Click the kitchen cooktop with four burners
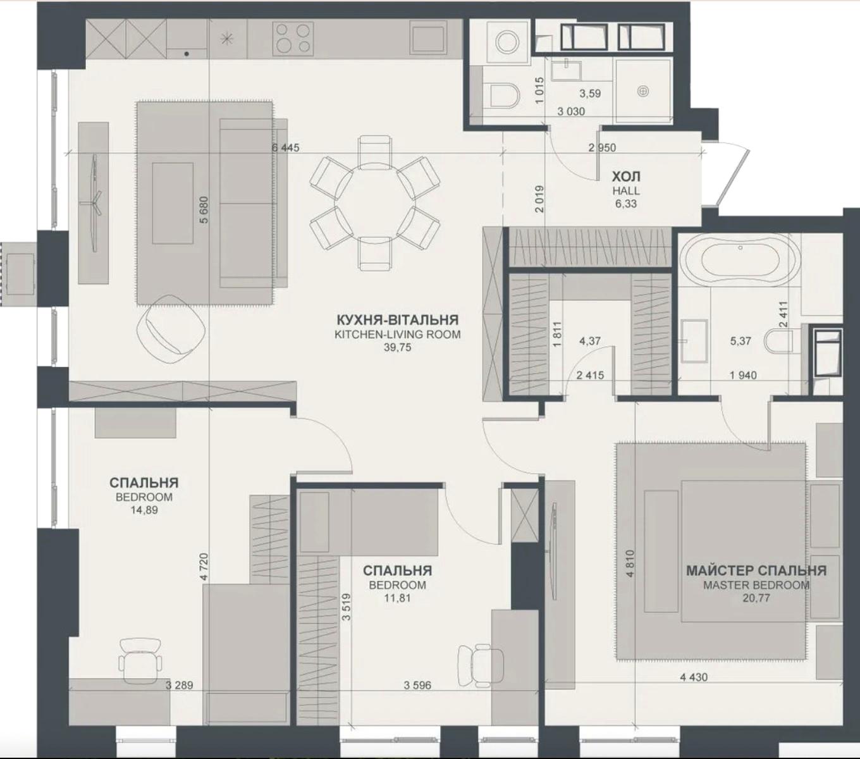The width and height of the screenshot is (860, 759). (293, 38)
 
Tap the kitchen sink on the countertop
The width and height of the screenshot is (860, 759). (428, 38)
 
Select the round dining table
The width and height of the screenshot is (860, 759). (375, 202)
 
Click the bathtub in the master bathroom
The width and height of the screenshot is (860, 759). (740, 259)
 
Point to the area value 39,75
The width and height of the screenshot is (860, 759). (397, 347)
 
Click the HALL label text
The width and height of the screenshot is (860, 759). (626, 191)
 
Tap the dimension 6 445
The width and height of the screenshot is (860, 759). (285, 147)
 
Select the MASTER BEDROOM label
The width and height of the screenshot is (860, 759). (756, 585)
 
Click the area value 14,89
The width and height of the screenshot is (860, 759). (144, 510)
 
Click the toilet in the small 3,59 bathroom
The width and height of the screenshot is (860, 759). (505, 95)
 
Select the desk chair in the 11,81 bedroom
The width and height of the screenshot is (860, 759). (481, 665)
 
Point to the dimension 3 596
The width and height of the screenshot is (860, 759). (417, 685)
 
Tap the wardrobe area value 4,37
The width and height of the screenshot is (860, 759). (589, 340)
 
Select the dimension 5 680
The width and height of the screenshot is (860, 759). (205, 210)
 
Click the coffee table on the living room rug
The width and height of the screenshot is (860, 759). (173, 203)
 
